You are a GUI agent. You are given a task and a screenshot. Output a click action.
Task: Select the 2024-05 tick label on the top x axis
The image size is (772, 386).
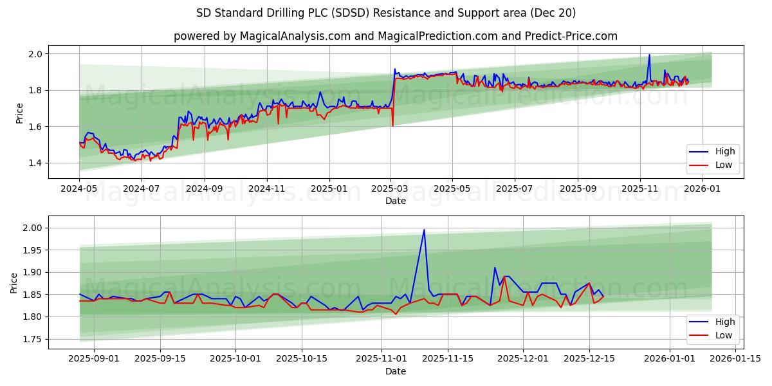tap(79, 189)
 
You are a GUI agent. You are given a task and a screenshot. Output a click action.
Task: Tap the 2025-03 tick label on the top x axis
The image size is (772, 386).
tap(390, 189)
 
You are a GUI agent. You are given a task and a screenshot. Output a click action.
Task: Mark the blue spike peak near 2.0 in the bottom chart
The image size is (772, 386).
tap(424, 230)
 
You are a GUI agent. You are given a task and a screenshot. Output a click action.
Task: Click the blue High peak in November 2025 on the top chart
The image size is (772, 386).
tap(649, 55)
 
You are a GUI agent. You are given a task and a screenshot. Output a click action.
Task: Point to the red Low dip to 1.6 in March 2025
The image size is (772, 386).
tap(392, 125)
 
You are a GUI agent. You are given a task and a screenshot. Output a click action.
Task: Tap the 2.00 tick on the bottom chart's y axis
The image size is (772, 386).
tap(32, 228)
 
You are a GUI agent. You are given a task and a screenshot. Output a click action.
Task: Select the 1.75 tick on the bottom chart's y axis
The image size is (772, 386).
tap(32, 339)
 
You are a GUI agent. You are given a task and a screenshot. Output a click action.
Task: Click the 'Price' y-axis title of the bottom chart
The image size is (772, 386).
tap(14, 283)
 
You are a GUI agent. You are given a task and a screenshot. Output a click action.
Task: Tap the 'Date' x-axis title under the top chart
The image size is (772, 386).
tap(395, 201)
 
